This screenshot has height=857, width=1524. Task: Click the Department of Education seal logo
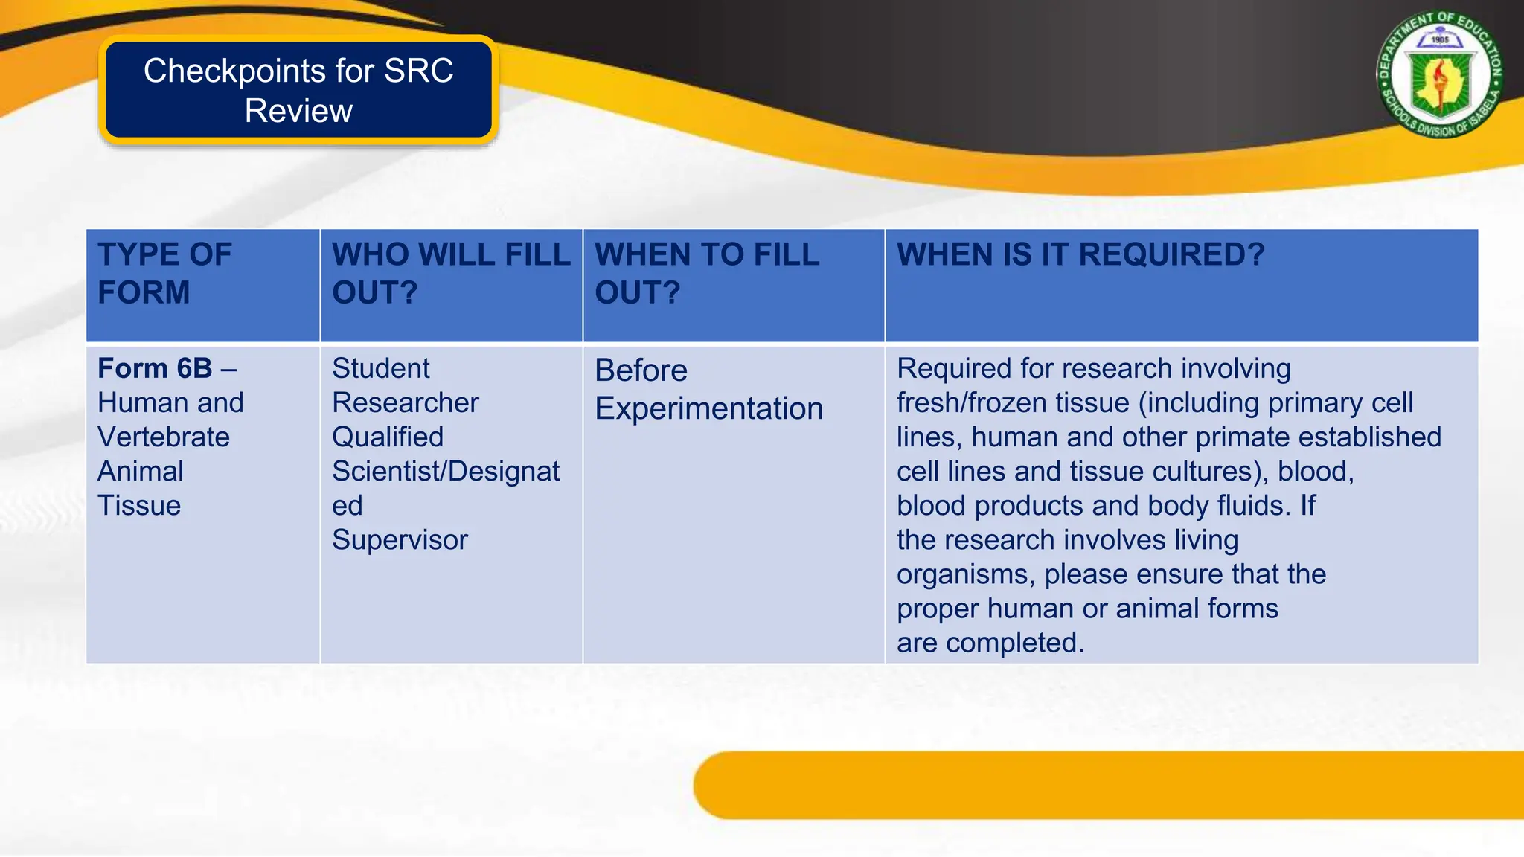pos(1439,74)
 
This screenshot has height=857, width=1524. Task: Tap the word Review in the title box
pos(298,111)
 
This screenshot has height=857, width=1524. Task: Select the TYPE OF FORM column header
pos(165,273)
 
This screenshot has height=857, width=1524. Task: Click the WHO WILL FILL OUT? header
pos(450,273)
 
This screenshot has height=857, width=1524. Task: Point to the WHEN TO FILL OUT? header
pos(707,273)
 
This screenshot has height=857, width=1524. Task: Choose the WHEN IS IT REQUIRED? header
pos(1080,254)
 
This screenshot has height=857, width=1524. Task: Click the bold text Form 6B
pos(155,368)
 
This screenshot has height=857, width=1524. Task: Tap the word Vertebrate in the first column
pos(164,437)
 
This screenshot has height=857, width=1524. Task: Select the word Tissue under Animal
pos(139,505)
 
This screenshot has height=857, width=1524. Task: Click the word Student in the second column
pos(380,368)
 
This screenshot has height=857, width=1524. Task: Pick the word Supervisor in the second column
pos(400,539)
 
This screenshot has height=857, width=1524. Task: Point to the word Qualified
pos(388,437)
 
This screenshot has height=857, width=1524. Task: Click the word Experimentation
pos(708,408)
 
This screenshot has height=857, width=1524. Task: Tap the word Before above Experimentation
pos(641,370)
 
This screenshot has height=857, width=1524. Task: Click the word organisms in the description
pos(964,574)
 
